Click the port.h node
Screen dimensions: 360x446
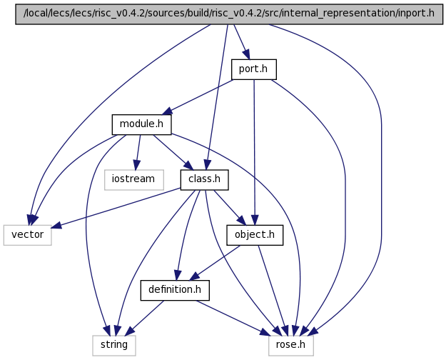coord(253,69)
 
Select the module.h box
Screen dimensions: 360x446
coord(141,124)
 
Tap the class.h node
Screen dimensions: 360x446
coord(204,179)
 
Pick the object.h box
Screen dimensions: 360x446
coord(254,234)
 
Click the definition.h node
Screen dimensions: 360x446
coord(175,289)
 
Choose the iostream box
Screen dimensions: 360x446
coord(133,179)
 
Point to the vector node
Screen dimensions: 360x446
coord(28,234)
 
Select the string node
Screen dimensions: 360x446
coord(113,344)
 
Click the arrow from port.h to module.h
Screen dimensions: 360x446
coord(200,97)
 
